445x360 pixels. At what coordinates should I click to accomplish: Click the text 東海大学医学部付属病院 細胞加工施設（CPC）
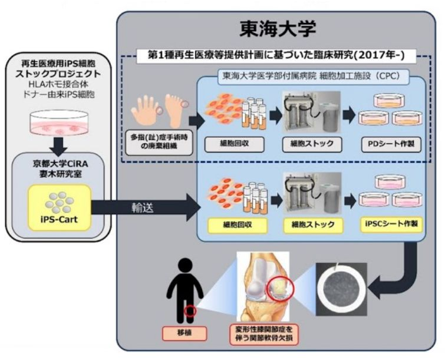311,76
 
